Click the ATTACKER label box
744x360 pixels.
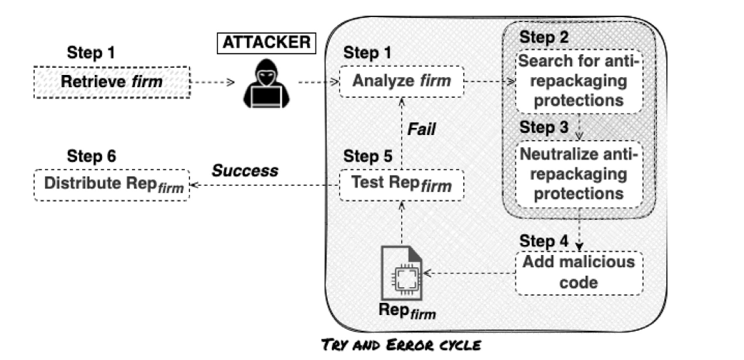(265, 43)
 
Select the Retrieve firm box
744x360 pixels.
(111, 82)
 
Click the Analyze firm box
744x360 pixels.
(401, 82)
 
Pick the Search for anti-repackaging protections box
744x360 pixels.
(580, 81)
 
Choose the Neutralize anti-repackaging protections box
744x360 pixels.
(580, 174)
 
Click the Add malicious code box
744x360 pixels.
(578, 272)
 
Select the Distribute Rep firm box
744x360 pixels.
(111, 184)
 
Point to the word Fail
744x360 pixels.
(421, 130)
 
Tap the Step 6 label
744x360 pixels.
(91, 156)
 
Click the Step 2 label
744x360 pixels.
(543, 36)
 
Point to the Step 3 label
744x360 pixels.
(543, 128)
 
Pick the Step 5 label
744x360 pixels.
(368, 156)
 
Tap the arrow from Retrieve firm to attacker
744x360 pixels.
(213, 82)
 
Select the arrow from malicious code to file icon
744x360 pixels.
(468, 272)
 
